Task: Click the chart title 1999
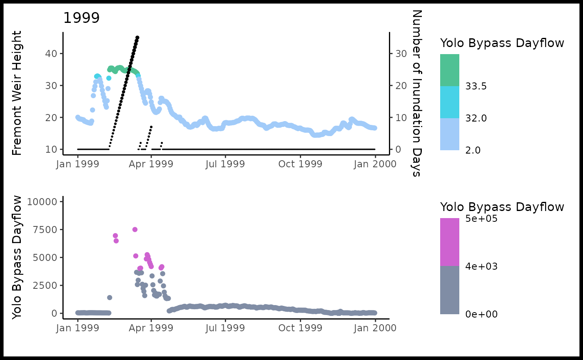pyautogui.click(x=82, y=18)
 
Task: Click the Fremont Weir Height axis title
pyautogui.click(x=17, y=94)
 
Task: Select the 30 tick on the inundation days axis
pyautogui.click(x=400, y=54)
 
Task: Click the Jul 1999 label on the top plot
pyautogui.click(x=225, y=164)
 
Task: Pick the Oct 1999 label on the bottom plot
pyautogui.click(x=300, y=328)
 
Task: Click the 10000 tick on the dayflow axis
pyautogui.click(x=42, y=202)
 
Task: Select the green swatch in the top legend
pyautogui.click(x=450, y=70)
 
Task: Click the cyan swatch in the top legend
pyautogui.click(x=450, y=102)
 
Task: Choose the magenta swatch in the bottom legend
pyautogui.click(x=450, y=242)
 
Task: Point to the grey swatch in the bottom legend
pyautogui.click(x=450, y=290)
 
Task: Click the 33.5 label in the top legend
pyautogui.click(x=476, y=86)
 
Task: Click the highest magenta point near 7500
pyautogui.click(x=135, y=229)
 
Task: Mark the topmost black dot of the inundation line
pyautogui.click(x=137, y=37)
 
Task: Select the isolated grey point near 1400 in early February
pyautogui.click(x=110, y=298)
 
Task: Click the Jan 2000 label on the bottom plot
pyautogui.click(x=375, y=328)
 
